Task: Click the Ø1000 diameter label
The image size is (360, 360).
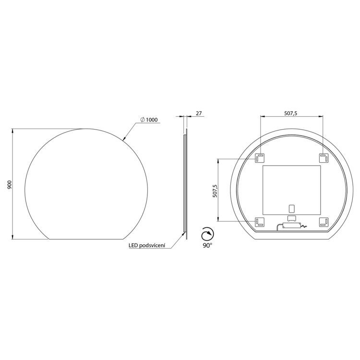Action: click(149, 120)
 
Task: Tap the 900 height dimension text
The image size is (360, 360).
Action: click(10, 185)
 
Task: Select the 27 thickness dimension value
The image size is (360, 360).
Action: click(199, 113)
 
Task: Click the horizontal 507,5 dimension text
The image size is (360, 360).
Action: click(291, 113)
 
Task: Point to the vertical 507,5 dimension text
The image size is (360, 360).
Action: click(215, 190)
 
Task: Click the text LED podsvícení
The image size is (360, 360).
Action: click(147, 245)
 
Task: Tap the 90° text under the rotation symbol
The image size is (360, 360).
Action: click(207, 245)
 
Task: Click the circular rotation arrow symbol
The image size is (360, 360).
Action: click(207, 234)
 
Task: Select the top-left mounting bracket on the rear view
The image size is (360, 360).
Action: click(260, 158)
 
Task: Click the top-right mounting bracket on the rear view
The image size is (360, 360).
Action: click(323, 158)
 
